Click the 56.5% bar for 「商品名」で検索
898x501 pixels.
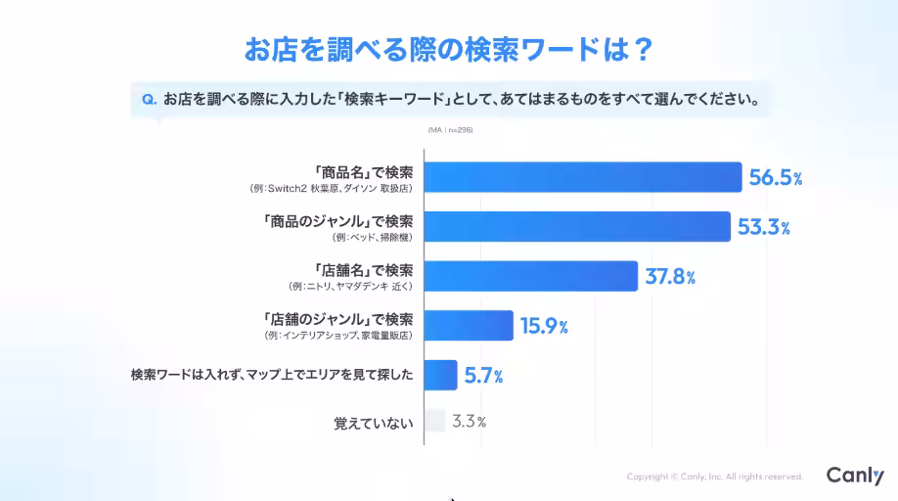click(x=583, y=177)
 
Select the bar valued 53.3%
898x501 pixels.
click(x=577, y=226)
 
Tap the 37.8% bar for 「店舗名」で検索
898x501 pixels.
click(x=531, y=276)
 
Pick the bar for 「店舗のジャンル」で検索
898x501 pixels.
click(x=469, y=326)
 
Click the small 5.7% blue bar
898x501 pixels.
click(x=441, y=375)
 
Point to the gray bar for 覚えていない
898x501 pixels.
click(x=435, y=421)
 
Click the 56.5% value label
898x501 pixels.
click(x=776, y=178)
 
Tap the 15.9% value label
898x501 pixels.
click(x=544, y=327)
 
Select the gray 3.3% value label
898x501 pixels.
click(x=469, y=422)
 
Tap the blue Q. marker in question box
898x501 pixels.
click(x=150, y=99)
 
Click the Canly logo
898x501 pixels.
click(x=854, y=476)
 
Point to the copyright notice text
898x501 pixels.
click(x=714, y=477)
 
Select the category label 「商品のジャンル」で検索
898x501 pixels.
click(x=338, y=221)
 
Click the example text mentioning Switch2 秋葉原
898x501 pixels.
click(x=332, y=187)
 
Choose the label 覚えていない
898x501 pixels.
click(x=373, y=424)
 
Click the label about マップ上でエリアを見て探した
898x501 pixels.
click(x=272, y=375)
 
